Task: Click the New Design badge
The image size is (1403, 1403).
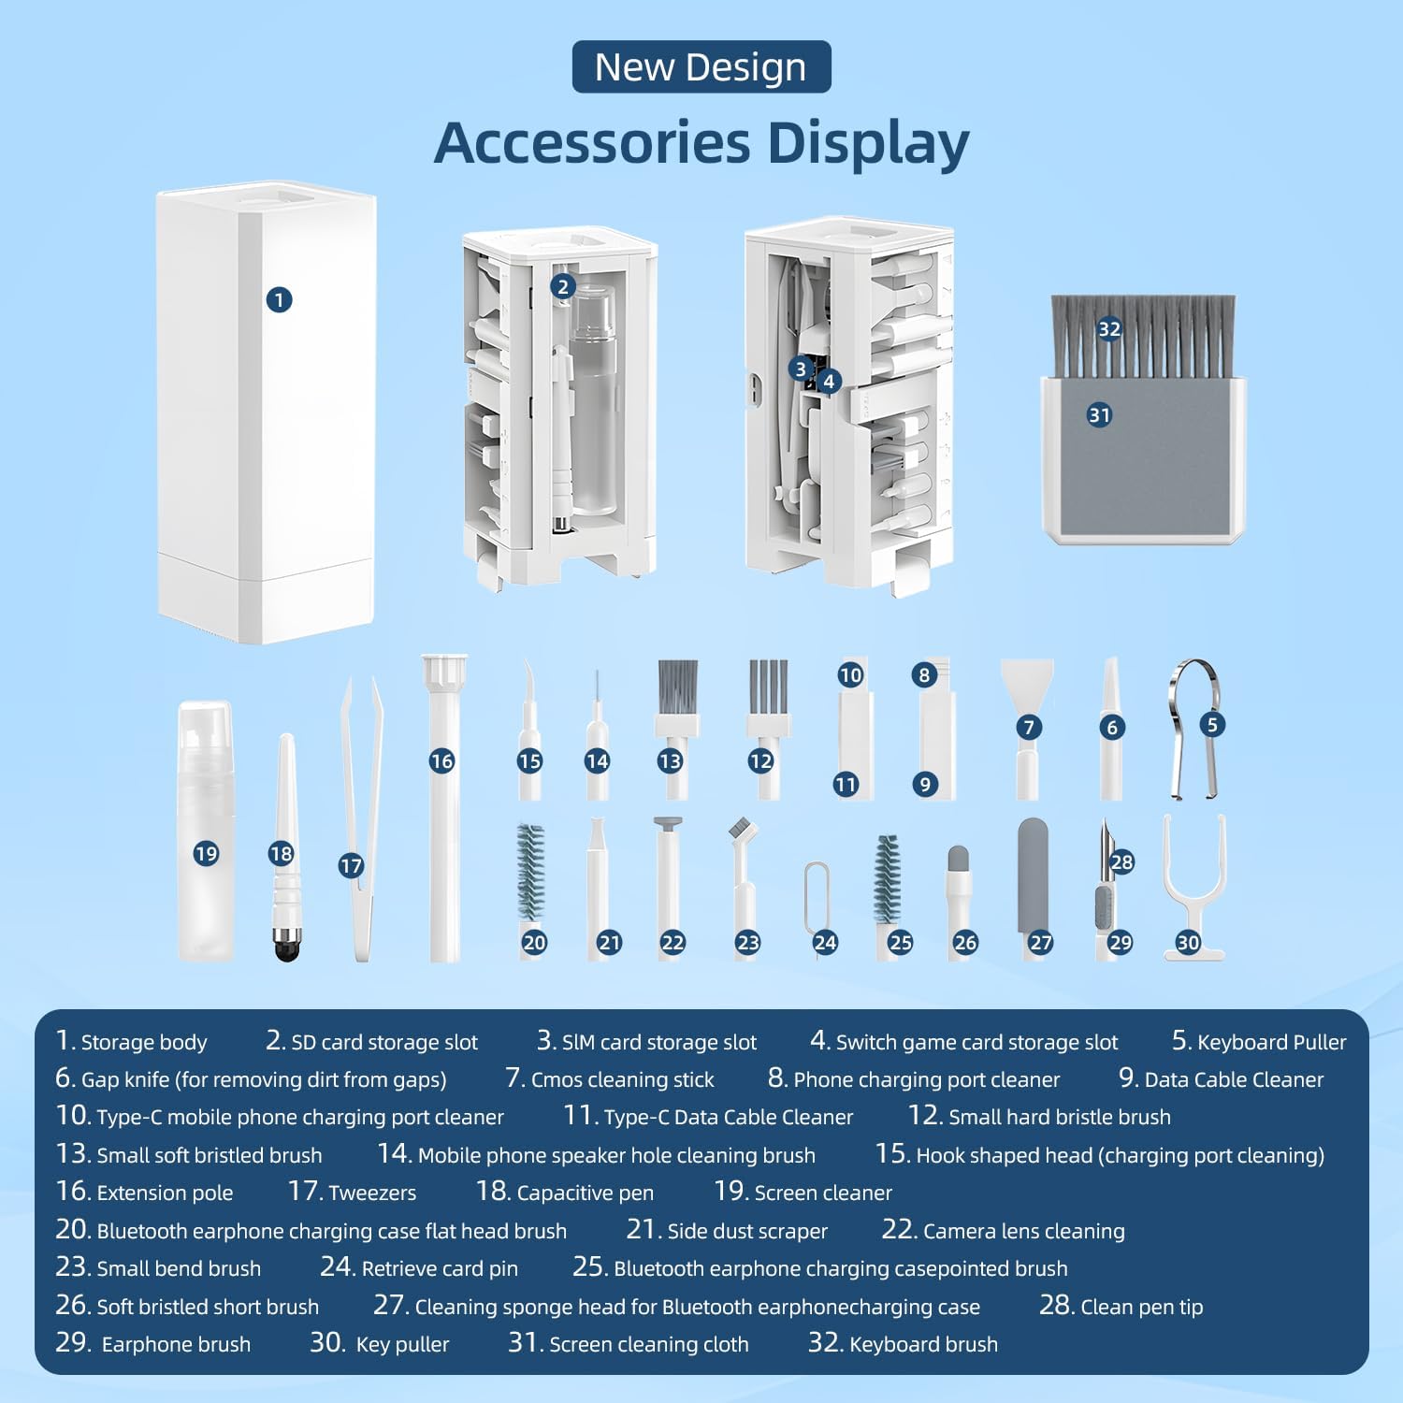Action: tap(701, 66)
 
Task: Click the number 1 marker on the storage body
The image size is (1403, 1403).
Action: tap(279, 299)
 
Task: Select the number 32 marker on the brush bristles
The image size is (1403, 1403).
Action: tap(1109, 328)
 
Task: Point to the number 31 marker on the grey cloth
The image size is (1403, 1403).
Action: tap(1100, 414)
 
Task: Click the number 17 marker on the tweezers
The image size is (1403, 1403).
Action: tap(351, 866)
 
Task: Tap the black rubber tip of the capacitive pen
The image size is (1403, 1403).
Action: tap(286, 946)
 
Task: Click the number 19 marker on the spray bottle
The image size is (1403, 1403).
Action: tap(206, 853)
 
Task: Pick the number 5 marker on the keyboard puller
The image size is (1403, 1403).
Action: tap(1212, 724)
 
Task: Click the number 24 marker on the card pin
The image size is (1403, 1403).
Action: tap(825, 942)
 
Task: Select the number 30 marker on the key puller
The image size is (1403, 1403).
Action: tap(1188, 942)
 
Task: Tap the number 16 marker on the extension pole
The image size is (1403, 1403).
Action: tap(441, 761)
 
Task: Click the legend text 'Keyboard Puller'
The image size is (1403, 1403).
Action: tap(1272, 1042)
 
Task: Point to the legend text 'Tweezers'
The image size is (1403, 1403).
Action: tap(372, 1193)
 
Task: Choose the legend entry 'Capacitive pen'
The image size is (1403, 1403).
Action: tap(586, 1193)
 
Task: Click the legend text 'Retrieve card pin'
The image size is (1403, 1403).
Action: tap(440, 1269)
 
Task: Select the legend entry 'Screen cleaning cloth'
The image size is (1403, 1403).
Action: tap(649, 1345)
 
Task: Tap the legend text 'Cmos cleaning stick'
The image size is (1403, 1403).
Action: tap(622, 1080)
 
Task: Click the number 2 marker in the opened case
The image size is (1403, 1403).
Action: tap(562, 286)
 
